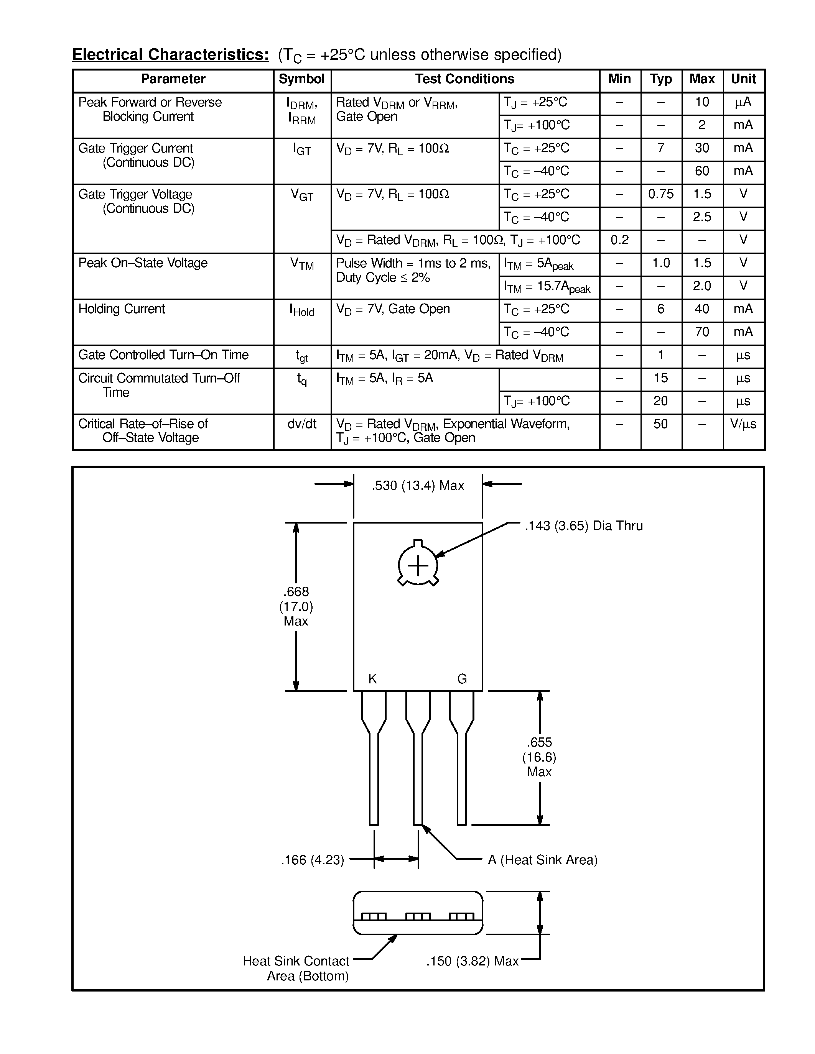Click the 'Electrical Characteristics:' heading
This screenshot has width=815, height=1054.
click(x=170, y=54)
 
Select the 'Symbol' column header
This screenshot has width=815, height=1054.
click(x=302, y=79)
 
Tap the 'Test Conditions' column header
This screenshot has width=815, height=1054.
click(x=464, y=79)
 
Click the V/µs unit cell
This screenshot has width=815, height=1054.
click(x=743, y=424)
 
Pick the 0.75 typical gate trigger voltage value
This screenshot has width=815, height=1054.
click(x=660, y=194)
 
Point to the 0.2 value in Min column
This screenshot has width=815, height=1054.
click(x=619, y=240)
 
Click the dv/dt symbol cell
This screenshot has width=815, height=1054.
click(x=302, y=424)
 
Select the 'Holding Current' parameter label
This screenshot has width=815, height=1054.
click(x=122, y=309)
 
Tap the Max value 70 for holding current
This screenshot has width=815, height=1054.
click(x=702, y=332)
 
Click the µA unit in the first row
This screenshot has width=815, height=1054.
click(x=743, y=102)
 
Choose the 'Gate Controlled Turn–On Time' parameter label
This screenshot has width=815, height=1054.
click(x=163, y=355)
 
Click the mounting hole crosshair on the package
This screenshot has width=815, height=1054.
click(x=418, y=565)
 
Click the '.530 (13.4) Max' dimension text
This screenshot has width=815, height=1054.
click(x=418, y=486)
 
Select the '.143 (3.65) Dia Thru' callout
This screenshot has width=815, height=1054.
click(x=583, y=525)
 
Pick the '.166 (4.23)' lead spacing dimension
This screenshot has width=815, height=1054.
click(x=312, y=860)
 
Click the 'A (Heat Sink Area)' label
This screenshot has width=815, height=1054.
click(x=543, y=860)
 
